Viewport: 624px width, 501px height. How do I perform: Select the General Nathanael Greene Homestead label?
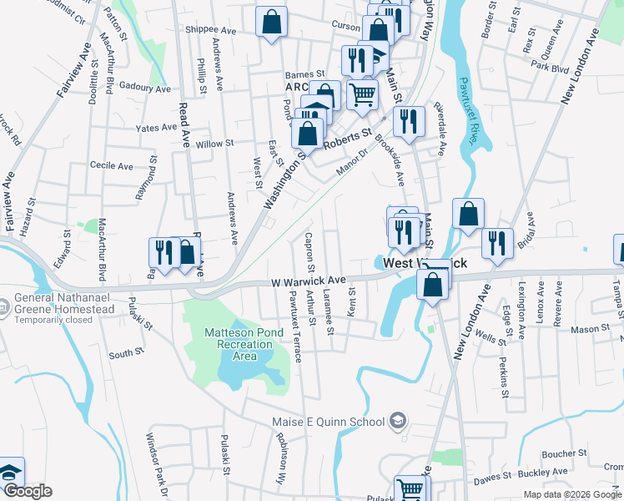point(64,302)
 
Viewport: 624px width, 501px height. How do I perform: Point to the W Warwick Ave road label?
point(309,281)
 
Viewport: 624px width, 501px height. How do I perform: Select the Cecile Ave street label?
point(112,166)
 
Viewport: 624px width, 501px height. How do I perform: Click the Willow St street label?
point(214,144)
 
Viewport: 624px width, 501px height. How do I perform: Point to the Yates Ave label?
point(157,128)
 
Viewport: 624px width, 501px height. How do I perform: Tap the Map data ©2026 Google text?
point(571,494)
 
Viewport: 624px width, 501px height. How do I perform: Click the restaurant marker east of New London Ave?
point(497,242)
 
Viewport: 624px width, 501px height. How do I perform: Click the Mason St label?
point(590,329)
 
